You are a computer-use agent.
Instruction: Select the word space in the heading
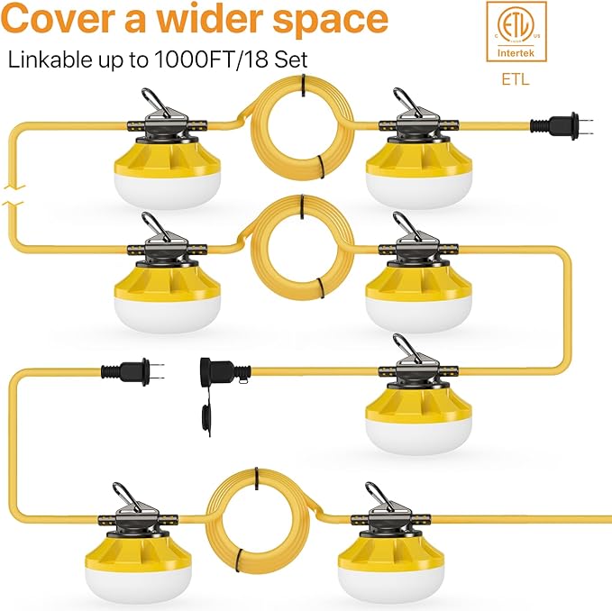[x=330, y=23]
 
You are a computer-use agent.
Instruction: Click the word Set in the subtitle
[x=291, y=59]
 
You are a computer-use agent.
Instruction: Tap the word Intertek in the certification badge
[x=516, y=52]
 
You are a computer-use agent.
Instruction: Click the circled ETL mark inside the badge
[x=516, y=26]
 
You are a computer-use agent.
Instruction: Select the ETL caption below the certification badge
[x=516, y=79]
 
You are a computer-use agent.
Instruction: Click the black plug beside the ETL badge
[x=562, y=126]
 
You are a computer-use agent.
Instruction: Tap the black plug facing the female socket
[x=132, y=371]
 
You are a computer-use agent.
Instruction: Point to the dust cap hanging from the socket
[x=206, y=416]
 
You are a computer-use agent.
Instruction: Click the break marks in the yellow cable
[x=14, y=196]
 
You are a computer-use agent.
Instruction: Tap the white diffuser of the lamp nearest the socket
[x=419, y=434]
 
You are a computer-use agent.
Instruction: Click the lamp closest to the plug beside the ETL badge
[x=419, y=149]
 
